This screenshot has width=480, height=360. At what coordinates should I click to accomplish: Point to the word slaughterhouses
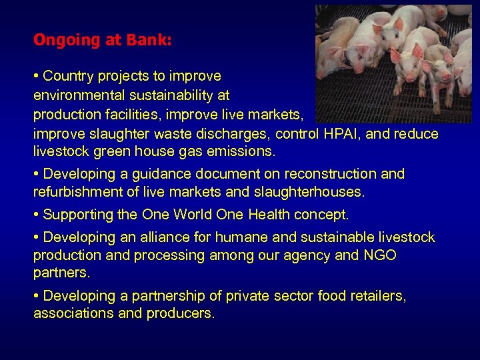[313, 193]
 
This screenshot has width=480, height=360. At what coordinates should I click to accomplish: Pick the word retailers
[374, 296]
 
